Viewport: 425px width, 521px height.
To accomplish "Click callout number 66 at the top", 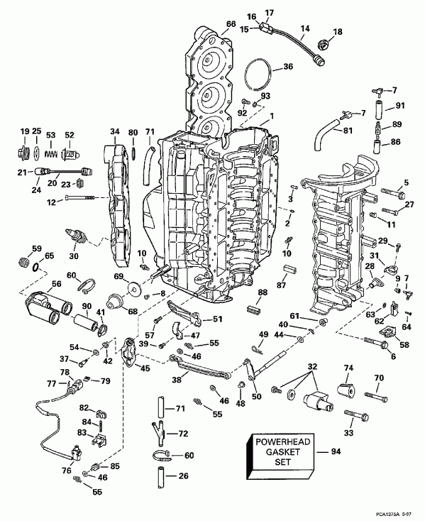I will pyautogui.click(x=231, y=24).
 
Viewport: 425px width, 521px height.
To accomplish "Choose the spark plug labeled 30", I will pyautogui.click(x=74, y=236).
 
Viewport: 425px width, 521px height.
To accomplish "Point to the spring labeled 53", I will pyautogui.click(x=50, y=151).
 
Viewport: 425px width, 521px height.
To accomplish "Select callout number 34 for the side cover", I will pyautogui.click(x=115, y=132).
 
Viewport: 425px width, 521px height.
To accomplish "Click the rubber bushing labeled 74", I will pyautogui.click(x=348, y=388).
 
